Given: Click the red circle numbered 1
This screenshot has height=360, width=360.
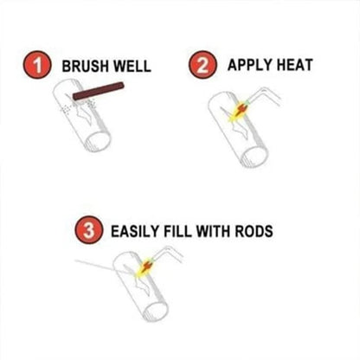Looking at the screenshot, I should (x=35, y=64).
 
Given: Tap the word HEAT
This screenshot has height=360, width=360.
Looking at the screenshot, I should (x=292, y=63).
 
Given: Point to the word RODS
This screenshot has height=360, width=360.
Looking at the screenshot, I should (x=258, y=232).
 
